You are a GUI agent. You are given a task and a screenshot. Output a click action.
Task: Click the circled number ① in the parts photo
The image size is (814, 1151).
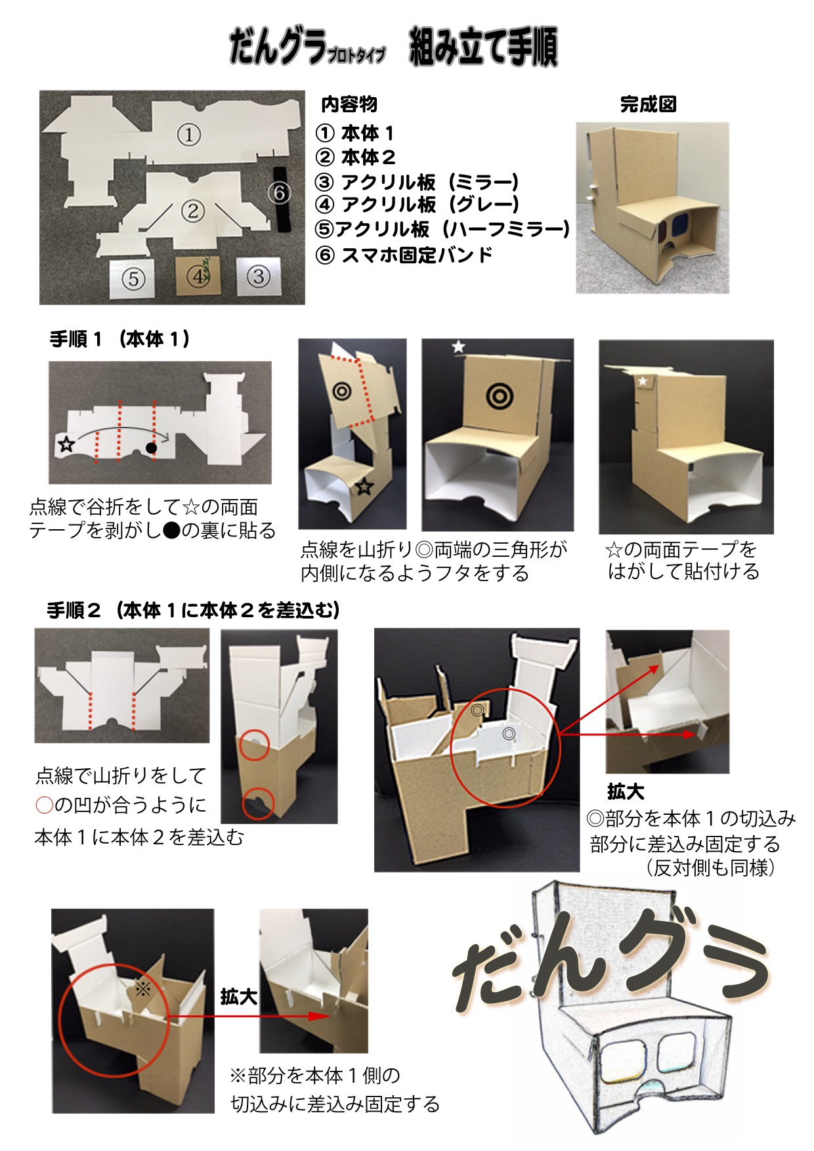point(188,135)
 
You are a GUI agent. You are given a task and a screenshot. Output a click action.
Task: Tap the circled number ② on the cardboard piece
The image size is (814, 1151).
point(192,211)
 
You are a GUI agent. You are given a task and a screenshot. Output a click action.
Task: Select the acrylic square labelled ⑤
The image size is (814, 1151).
point(133,278)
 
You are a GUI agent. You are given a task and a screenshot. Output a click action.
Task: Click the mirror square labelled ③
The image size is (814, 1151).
point(258,276)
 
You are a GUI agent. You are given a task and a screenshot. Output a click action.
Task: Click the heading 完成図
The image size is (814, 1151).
point(648,104)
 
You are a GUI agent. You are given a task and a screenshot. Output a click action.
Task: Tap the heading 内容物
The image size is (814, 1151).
point(349,104)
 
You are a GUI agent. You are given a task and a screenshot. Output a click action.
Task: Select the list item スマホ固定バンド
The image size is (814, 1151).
point(417,255)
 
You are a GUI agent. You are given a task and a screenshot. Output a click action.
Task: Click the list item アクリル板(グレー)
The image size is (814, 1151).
point(431,204)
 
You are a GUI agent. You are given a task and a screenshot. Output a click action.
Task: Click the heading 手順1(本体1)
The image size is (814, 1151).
point(120,339)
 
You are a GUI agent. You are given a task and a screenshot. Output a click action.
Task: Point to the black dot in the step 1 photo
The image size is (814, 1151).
point(151,448)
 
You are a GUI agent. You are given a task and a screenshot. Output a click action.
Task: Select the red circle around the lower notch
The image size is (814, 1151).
point(259,803)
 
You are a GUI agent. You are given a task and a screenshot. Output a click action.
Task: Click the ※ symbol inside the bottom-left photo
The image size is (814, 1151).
point(142,988)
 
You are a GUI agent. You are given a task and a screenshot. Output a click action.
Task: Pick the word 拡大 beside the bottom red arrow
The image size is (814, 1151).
point(238,997)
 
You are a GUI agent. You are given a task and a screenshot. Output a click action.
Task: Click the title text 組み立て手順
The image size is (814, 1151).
point(484,47)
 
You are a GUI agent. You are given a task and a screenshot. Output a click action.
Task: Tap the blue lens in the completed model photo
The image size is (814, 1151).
point(683,227)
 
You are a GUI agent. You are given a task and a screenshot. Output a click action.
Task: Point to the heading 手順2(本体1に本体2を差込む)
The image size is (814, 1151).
point(193,611)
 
